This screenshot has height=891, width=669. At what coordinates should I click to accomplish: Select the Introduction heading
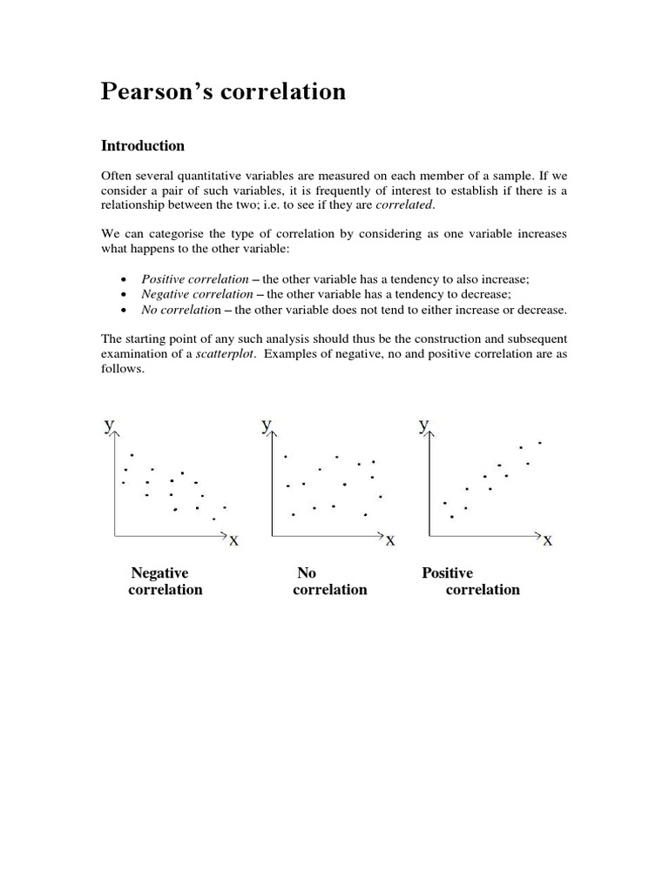coord(143,145)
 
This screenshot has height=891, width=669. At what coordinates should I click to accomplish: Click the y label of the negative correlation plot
coord(109,425)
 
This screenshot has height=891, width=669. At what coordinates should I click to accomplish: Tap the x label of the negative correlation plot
coord(233,541)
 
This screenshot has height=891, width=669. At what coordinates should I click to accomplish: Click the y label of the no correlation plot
coord(266,425)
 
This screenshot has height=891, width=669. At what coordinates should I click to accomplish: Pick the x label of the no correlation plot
coord(390,541)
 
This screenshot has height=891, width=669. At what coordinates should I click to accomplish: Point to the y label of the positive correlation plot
coord(422,425)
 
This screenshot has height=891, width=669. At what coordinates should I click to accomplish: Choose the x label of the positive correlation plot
coord(547,541)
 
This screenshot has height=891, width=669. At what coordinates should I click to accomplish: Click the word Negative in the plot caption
coord(159,573)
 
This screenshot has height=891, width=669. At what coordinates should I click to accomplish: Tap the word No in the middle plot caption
coord(306,573)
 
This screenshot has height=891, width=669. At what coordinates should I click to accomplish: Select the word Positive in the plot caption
coord(447,573)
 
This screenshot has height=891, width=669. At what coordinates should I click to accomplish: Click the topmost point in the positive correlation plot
coord(540,443)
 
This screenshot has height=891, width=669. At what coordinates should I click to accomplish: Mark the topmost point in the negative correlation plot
coord(132,455)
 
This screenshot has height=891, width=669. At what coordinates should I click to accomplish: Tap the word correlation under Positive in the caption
coord(483,590)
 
